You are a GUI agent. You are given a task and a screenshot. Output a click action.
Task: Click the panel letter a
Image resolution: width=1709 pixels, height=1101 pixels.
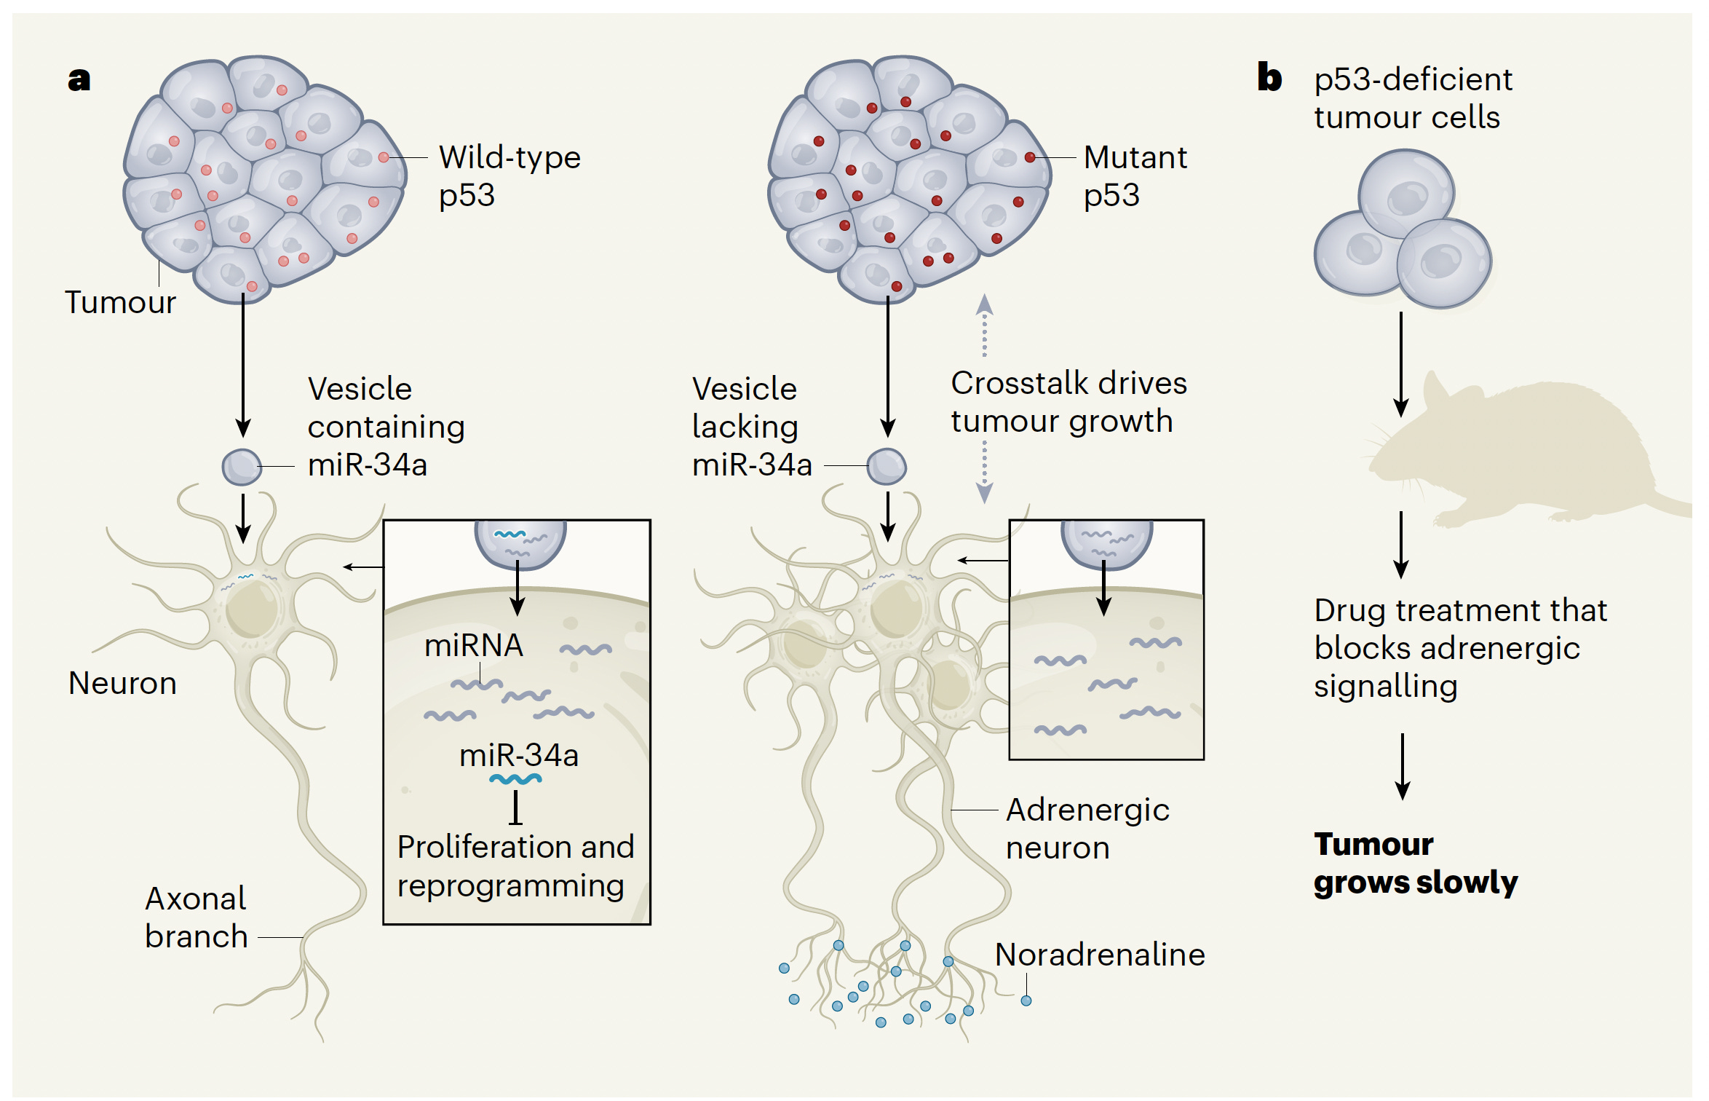coord(79,79)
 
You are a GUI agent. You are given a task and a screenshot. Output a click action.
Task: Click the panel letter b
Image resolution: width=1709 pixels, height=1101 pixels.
coord(1269,77)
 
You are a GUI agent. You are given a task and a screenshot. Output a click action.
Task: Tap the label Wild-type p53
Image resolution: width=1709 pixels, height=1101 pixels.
coord(509,175)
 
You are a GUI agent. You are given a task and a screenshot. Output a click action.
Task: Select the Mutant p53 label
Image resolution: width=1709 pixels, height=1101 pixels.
coord(1134,175)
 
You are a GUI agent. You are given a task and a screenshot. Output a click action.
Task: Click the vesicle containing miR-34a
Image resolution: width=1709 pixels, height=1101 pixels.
coord(242,467)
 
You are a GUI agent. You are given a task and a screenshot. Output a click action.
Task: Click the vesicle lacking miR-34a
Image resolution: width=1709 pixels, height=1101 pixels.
coord(887,466)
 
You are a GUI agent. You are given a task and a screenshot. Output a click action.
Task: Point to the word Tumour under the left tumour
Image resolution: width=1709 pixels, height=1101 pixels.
coord(120,302)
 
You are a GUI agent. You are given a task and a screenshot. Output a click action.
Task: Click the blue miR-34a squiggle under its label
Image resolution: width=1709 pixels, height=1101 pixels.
coord(515,779)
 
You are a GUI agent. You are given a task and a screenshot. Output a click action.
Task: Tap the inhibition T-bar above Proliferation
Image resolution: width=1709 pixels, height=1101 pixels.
coord(515,808)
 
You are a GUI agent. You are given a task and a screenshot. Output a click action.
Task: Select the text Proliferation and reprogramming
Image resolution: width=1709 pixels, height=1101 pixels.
coord(515,866)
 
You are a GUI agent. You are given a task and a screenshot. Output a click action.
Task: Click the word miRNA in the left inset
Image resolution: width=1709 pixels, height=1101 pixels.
coord(473,645)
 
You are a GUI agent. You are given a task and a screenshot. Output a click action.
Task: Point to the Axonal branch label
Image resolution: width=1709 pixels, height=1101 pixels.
coord(196,917)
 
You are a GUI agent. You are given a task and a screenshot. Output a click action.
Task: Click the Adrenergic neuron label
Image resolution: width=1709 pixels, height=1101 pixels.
coord(1087,829)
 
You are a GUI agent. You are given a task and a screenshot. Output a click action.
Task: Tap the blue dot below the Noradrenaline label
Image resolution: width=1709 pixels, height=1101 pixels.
coord(1026,1001)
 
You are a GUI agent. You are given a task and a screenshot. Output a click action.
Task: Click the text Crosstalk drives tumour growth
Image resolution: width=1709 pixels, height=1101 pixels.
coord(1068,402)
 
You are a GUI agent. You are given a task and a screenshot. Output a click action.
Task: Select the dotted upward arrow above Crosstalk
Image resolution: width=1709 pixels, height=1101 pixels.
coord(984,324)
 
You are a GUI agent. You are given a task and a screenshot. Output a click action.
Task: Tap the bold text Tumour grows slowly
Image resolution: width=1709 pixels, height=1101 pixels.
coord(1414,863)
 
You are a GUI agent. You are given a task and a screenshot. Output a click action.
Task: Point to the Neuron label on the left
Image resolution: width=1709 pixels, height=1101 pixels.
coord(122,683)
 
